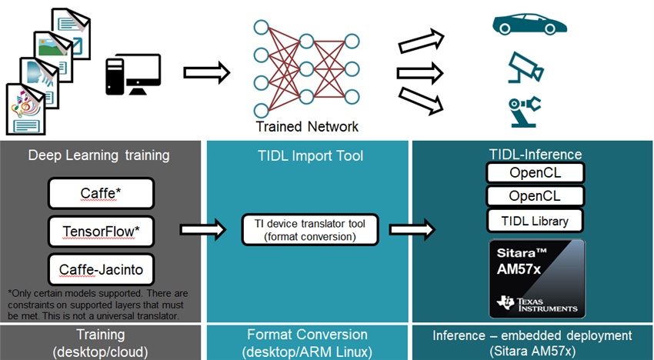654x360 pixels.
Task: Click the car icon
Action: tap(529, 23)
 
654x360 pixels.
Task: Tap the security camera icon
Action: tap(527, 68)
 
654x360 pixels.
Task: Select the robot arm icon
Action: tap(525, 112)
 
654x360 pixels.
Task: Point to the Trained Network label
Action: tap(308, 126)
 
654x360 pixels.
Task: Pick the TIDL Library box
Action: tap(536, 221)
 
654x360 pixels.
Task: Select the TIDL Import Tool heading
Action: tap(309, 156)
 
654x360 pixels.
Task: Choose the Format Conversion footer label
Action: tap(307, 342)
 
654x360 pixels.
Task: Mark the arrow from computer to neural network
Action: tap(207, 74)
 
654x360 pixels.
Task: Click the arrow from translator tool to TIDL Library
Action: tap(412, 230)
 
